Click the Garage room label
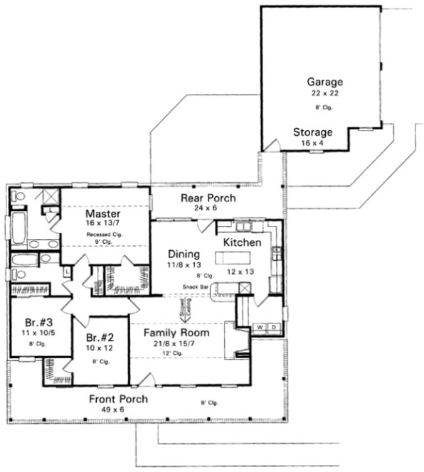point(321,82)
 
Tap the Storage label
point(313,132)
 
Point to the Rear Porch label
point(208,198)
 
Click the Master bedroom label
point(102,213)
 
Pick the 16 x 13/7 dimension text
point(102,224)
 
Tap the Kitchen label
point(243,242)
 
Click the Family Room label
point(176,332)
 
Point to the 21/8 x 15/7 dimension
point(176,343)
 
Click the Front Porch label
point(118,399)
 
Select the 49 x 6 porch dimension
point(118,410)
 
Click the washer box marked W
point(260,327)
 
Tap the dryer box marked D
point(274,327)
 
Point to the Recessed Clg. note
point(102,234)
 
